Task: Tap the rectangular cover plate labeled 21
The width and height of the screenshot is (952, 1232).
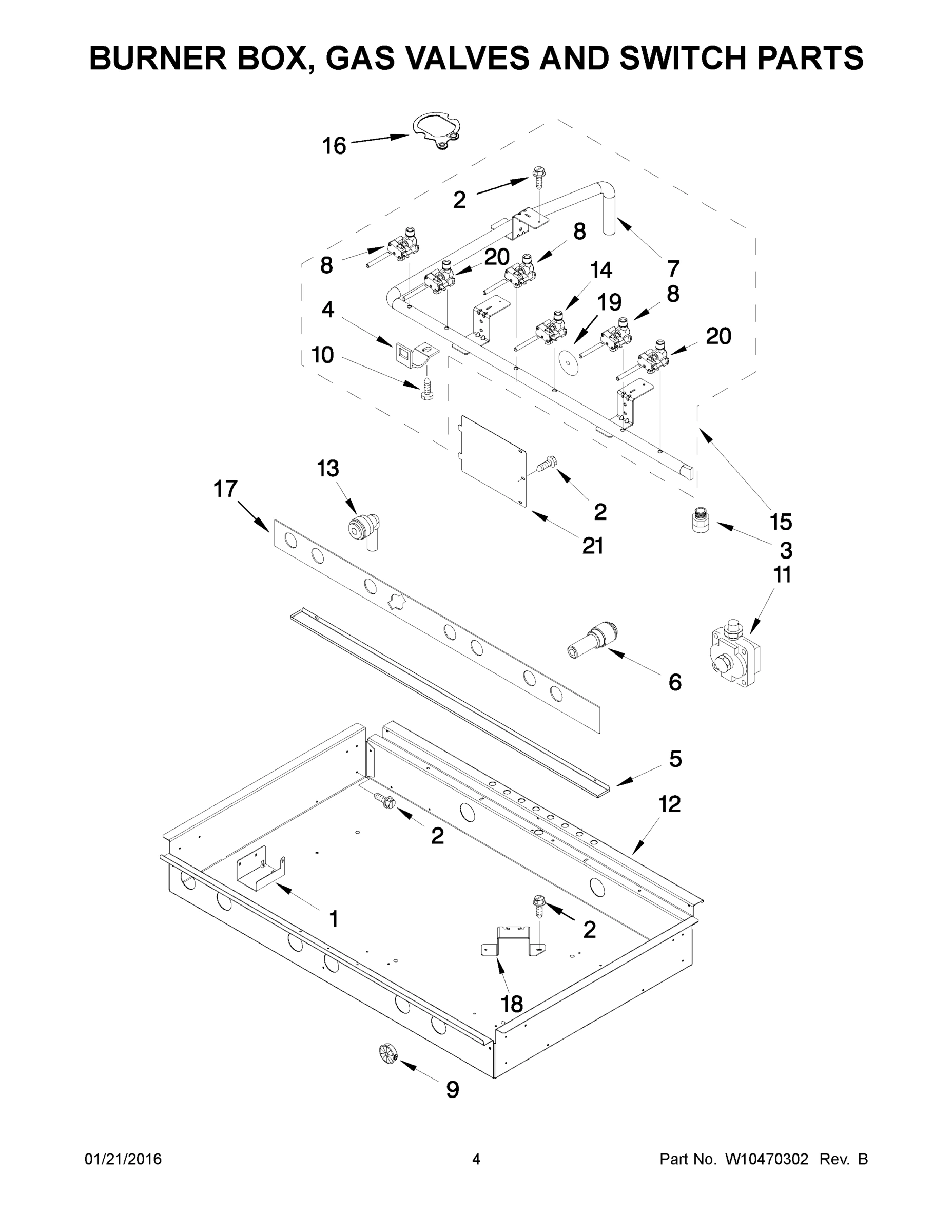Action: pos(493,460)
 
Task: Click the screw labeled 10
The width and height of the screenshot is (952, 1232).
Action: pos(427,389)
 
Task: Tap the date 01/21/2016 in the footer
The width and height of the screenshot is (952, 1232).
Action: pos(123,1159)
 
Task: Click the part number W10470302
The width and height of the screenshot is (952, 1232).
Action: pos(766,1159)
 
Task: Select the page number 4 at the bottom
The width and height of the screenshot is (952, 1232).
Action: pos(476,1159)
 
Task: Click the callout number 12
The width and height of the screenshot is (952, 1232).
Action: pos(669,804)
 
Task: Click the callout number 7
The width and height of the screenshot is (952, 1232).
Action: pos(673,268)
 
